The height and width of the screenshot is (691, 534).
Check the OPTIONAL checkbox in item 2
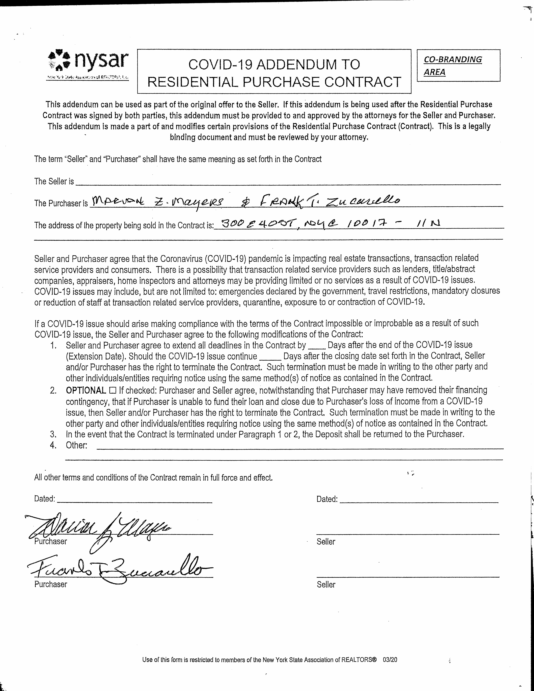coord(112,390)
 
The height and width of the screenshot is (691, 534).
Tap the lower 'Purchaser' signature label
coord(51,584)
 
